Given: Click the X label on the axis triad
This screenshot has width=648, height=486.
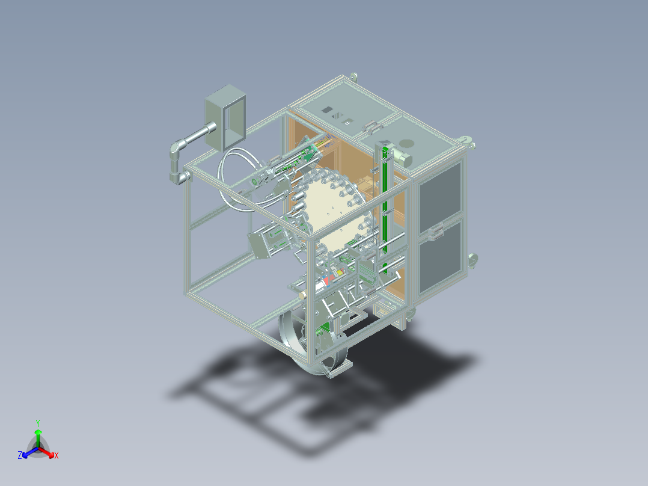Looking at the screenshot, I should point(57,455).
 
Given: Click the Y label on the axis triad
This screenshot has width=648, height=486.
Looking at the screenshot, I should point(38,423).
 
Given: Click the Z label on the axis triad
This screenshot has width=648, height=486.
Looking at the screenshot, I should point(20,455).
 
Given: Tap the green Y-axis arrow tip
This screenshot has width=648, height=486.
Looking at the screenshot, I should point(38,431).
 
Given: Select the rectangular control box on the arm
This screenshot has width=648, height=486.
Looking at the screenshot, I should point(225,118).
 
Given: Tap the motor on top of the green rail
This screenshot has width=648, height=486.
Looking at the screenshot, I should point(402,158).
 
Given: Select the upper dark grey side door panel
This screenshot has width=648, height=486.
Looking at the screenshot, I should point(441,192).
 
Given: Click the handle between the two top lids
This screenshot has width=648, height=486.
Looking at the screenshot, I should point(371,127).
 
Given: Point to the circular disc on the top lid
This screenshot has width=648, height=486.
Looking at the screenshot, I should point(407,144).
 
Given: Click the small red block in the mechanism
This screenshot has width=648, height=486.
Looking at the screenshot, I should point(327,281).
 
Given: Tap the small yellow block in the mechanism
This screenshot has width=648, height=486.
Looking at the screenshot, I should point(340,273).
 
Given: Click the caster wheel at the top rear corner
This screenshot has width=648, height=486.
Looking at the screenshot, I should point(353,76).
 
